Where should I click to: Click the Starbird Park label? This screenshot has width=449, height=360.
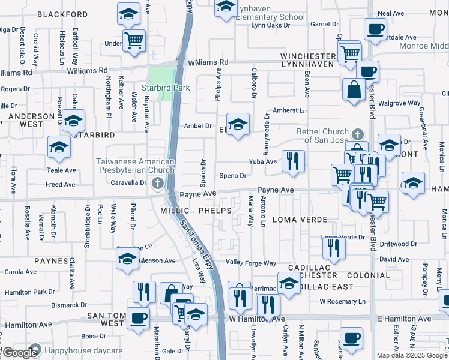click(166, 88)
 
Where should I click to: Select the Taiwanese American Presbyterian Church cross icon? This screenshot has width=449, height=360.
click(157, 182)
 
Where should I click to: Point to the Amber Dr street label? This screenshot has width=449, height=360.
click(198, 126)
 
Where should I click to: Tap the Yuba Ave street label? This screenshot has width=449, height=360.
click(263, 161)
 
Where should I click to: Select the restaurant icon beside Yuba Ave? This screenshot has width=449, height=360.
click(293, 161)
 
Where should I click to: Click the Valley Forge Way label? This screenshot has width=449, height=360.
click(250, 263)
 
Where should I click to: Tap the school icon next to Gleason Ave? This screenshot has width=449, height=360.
click(127, 259)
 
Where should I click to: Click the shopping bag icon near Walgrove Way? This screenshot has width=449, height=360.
click(354, 90)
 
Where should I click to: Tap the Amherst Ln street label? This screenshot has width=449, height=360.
click(289, 111)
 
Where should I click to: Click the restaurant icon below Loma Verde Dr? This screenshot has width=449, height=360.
click(333, 247)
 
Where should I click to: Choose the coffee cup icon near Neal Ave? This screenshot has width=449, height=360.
click(376, 29)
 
